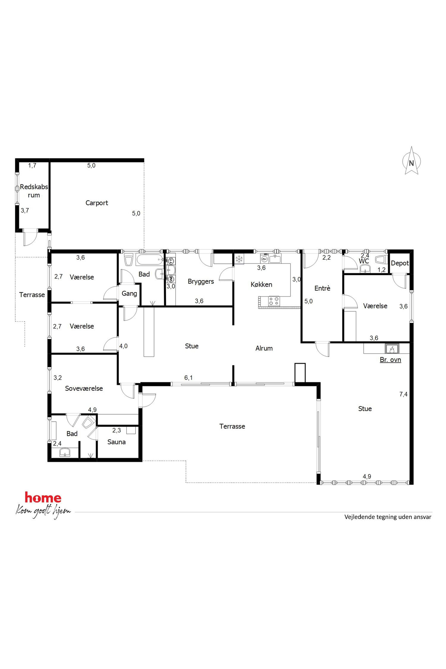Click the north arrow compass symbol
click(x=411, y=161)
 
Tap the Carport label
click(x=97, y=203)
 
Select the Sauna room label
click(x=117, y=442)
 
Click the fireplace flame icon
click(x=392, y=348)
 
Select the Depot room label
click(x=400, y=263)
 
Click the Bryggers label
click(x=201, y=282)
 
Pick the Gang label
click(x=129, y=294)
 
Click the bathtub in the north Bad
click(x=150, y=260)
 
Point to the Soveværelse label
click(x=84, y=388)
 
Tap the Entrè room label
click(x=322, y=288)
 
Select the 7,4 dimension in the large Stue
click(x=403, y=394)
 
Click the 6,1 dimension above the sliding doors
click(x=189, y=377)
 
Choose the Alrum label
click(x=264, y=348)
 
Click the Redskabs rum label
click(x=34, y=191)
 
